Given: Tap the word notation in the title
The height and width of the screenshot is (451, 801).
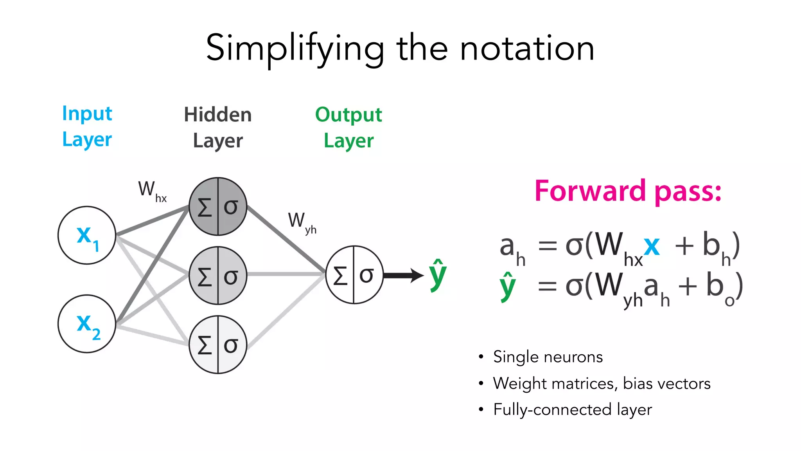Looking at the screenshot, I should pos(527,49).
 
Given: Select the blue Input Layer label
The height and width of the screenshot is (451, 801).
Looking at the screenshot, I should pos(87,126).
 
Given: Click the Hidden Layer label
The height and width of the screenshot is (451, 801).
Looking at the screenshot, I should pos(218,128).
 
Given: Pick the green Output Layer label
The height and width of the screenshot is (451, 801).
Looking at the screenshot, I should pos(348,128).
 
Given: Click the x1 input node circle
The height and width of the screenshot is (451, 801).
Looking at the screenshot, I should pos(87,235).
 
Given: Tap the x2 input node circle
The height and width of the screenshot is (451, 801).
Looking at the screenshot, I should pos(87,324).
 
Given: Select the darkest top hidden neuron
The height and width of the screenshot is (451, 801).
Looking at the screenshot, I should pos(218,206).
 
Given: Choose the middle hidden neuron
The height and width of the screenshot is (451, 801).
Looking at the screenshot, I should pos(218,276).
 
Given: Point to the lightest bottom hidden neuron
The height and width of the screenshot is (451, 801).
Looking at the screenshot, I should pos(218,345).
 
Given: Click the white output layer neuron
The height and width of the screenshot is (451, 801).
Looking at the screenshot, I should pos(354,275).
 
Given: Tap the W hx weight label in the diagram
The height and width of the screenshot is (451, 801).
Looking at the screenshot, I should pos(152,191).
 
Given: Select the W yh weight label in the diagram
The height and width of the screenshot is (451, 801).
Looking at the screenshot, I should pos(302,222).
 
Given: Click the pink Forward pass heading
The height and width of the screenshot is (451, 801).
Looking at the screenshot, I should pos(628,191).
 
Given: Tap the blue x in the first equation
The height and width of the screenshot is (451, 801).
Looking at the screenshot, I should pos(652,247).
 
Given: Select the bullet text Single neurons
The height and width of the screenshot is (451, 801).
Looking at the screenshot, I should pos(548,357).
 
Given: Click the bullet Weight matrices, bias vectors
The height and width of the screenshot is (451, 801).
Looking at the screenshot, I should pos(601,383).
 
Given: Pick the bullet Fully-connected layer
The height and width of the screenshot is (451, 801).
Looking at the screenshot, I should pos(572,410).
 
